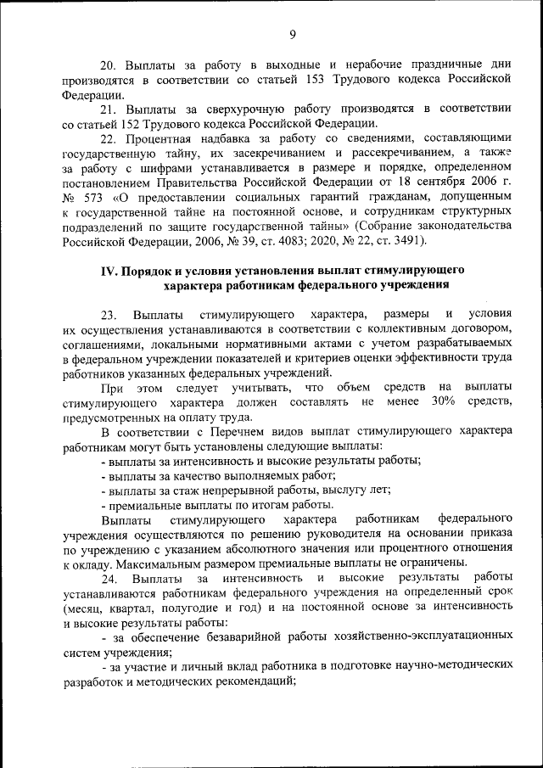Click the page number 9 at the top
[292, 34]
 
